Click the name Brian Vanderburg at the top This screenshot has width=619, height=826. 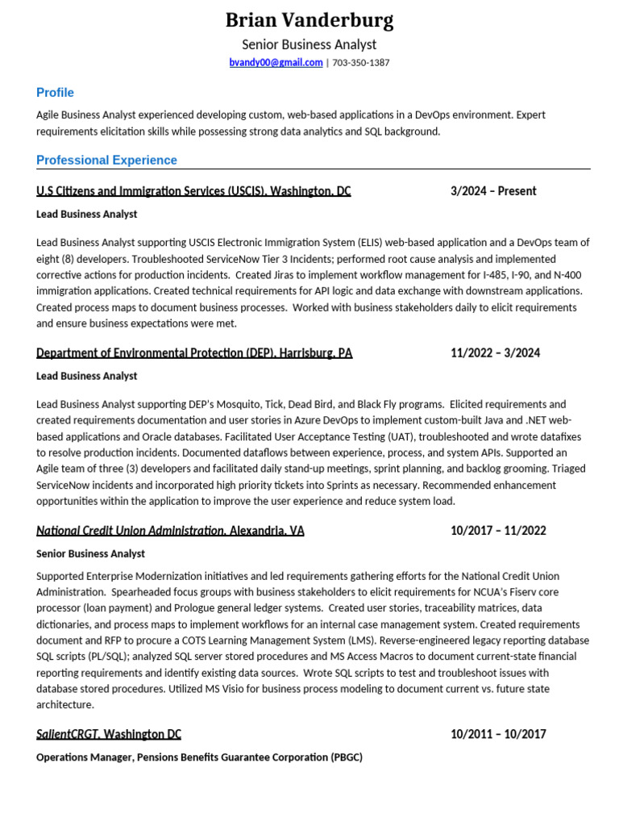coord(309,20)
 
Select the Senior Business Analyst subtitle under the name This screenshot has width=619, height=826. coord(309,44)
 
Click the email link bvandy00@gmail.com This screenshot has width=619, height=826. coord(276,63)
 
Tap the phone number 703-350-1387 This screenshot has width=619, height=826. coord(361,63)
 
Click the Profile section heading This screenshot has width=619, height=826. coord(55,93)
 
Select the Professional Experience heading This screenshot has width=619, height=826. coord(106,161)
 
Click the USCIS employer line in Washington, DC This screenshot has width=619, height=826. coord(193,191)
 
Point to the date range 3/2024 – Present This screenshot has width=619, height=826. coord(493,191)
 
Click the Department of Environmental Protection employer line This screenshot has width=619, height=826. coord(194,353)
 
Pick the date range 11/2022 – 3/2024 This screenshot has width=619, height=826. coord(495,353)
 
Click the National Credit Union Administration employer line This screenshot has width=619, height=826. coord(170,531)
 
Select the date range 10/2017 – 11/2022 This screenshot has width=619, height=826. coord(498,531)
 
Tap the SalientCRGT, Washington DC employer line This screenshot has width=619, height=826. coord(109,734)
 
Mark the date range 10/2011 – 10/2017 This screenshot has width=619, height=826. coord(498,734)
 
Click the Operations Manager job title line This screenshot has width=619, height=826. coord(199,757)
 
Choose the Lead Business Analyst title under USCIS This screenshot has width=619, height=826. coord(87,215)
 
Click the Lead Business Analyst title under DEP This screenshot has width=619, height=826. coord(87,376)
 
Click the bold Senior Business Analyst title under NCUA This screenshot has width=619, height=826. coord(90,553)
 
